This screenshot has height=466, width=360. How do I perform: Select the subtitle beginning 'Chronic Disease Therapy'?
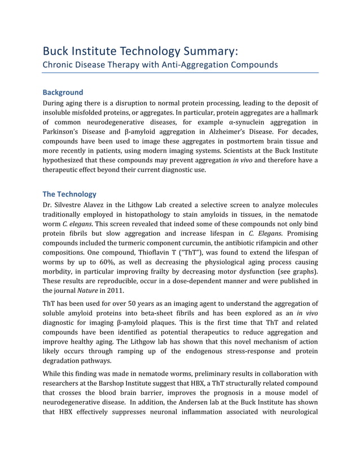tap(161, 64)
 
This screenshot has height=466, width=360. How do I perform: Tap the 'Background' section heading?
tap(63, 92)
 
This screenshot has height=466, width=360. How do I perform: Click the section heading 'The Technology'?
tap(70, 194)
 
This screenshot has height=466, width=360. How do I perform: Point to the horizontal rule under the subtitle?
tap(181, 73)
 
